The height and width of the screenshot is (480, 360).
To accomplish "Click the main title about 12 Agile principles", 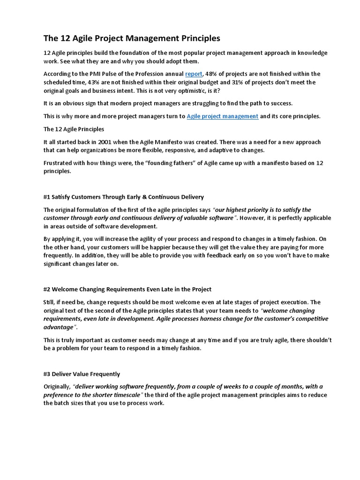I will [132, 37].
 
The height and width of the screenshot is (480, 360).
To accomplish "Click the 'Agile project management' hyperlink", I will [222, 116].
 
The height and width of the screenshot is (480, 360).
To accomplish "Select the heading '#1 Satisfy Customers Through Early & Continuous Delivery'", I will [124, 196].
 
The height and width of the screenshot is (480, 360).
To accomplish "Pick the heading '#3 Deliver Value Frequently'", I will [82, 374].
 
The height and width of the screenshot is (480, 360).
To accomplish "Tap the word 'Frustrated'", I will [59, 163].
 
